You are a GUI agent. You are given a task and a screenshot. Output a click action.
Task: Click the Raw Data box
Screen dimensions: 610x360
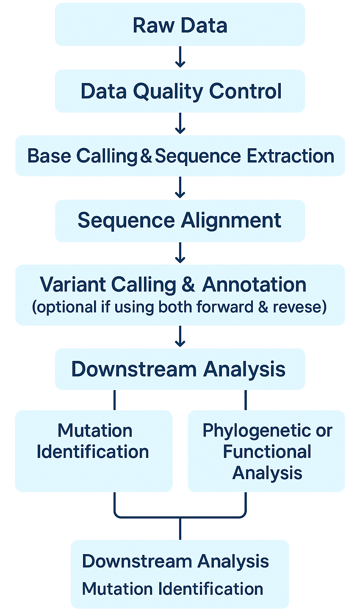tap(180, 25)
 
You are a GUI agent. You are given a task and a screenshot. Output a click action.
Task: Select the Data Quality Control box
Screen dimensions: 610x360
tap(180, 91)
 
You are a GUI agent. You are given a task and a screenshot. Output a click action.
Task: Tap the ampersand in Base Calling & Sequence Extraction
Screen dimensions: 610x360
tap(146, 156)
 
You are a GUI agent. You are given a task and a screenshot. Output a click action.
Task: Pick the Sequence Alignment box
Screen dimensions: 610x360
tap(180, 221)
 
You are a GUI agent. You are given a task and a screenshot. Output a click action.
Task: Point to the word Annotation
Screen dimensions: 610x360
tap(254, 285)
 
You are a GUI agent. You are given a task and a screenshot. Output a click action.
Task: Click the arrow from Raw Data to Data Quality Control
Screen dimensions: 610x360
tap(180, 58)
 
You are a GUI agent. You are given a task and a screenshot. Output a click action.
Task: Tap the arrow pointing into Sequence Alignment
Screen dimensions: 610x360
tap(180, 188)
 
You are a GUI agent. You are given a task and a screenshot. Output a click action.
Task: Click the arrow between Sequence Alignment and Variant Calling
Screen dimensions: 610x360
tap(180, 253)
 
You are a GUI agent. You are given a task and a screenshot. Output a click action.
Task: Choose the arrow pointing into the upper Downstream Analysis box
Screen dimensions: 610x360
tap(180, 337)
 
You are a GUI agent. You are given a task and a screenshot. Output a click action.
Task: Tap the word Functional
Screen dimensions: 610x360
tap(267, 452)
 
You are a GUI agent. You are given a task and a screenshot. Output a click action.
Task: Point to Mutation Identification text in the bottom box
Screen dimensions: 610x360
tap(172, 589)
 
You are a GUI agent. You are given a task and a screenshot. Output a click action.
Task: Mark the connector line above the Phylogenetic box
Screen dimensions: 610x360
tap(246, 400)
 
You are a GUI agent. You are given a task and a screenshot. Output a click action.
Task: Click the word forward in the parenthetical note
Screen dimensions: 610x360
tap(232, 307)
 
